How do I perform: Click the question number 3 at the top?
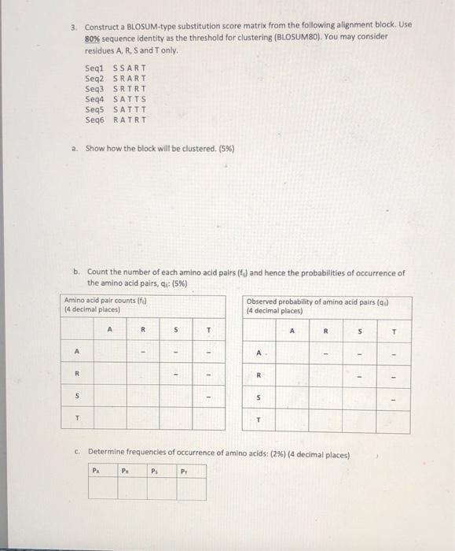pyautogui.click(x=72, y=25)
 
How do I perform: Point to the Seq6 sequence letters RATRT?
pyautogui.click(x=130, y=120)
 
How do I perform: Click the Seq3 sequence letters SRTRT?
pyautogui.click(x=130, y=89)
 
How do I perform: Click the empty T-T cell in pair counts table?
pyautogui.click(x=209, y=420)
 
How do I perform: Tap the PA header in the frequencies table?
pyautogui.click(x=95, y=471)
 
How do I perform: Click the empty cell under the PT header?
pyautogui.click(x=192, y=490)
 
